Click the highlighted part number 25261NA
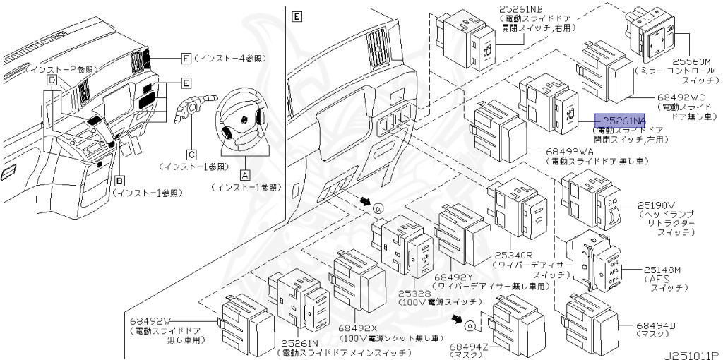[x=620, y=121]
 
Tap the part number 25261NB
[x=523, y=8]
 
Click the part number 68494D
[x=655, y=326]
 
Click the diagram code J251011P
[x=691, y=354]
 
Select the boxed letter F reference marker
[x=186, y=58]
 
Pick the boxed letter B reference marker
[x=119, y=180]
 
